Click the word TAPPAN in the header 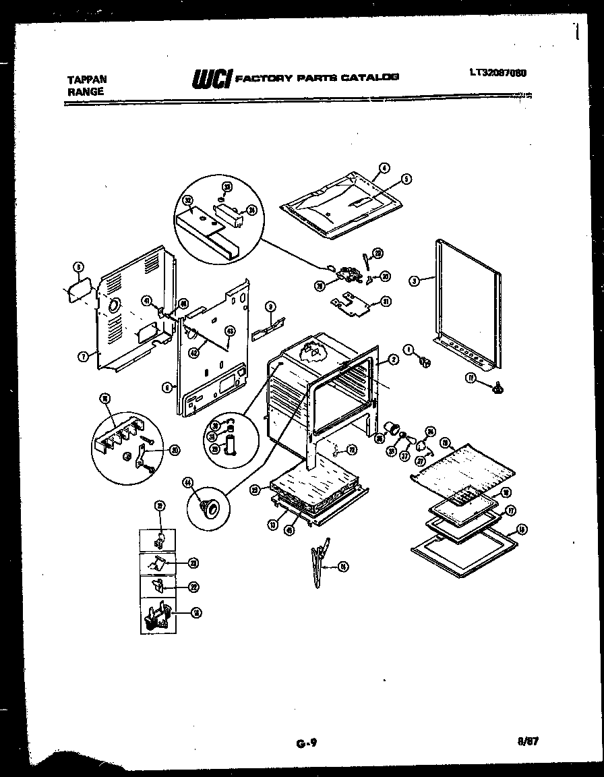click(x=86, y=79)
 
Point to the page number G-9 click(x=306, y=744)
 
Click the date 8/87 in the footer click(x=528, y=742)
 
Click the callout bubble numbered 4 click(x=384, y=169)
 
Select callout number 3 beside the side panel click(x=414, y=280)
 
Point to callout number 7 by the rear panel click(x=82, y=357)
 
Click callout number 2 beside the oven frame click(x=394, y=359)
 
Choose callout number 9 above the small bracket click(x=270, y=307)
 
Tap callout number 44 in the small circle click(x=187, y=482)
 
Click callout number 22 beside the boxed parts click(x=193, y=587)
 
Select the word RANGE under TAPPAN click(x=85, y=92)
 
